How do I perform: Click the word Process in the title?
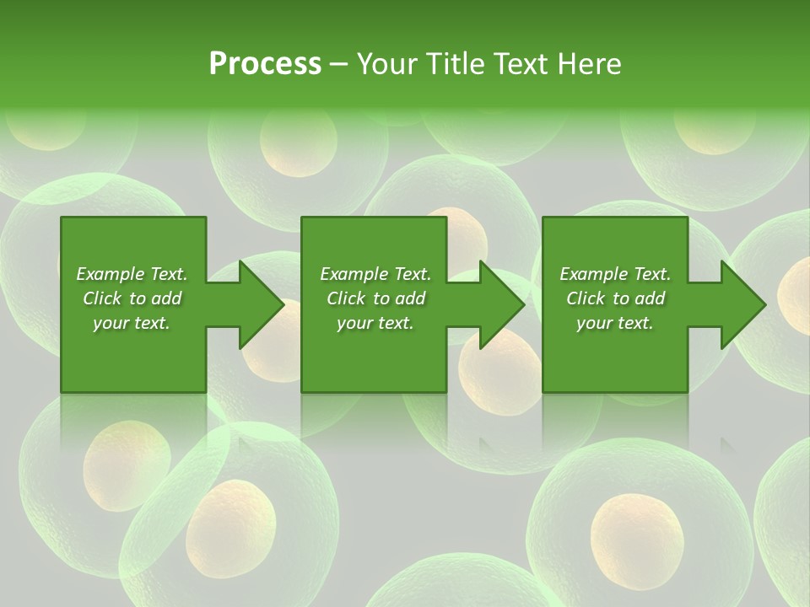coord(265,64)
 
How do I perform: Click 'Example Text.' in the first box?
coord(132,274)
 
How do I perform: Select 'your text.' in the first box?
coord(132,323)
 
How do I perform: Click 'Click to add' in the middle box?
coord(375,298)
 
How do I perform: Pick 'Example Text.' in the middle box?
coord(375,274)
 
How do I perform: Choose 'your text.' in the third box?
coord(615,323)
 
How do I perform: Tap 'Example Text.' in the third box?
coord(615,274)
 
